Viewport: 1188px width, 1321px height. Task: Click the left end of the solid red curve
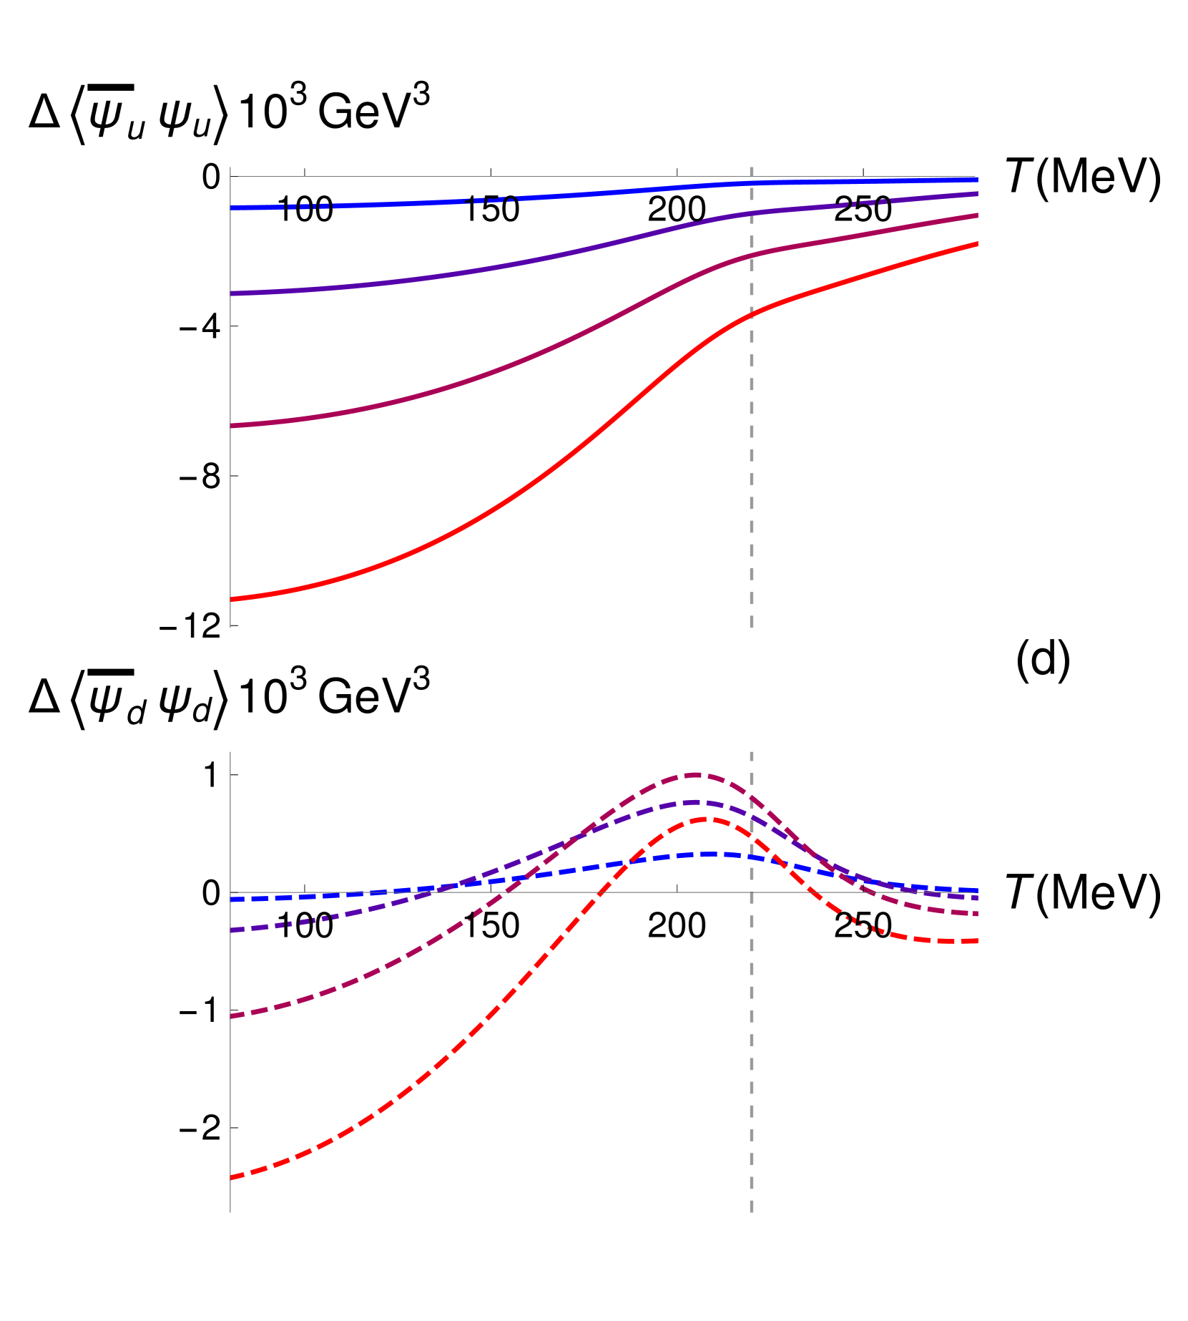click(x=231, y=598)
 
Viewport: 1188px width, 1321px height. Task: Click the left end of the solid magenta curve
click(x=231, y=426)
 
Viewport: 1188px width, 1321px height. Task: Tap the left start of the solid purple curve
click(x=231, y=293)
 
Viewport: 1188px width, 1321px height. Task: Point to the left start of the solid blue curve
click(x=231, y=208)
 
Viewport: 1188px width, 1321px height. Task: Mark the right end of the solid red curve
click(x=977, y=245)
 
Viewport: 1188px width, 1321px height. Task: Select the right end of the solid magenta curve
click(x=977, y=215)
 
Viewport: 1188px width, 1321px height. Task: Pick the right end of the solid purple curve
click(x=977, y=194)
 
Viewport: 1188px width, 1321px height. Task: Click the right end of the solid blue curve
click(x=977, y=180)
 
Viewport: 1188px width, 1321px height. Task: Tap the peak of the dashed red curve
click(x=705, y=820)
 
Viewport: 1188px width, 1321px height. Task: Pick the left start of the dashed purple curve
click(x=231, y=930)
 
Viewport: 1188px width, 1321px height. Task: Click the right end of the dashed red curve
click(x=977, y=942)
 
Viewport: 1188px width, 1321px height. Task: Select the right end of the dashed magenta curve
click(x=977, y=914)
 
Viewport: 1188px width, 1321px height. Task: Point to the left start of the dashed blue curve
click(x=231, y=900)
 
